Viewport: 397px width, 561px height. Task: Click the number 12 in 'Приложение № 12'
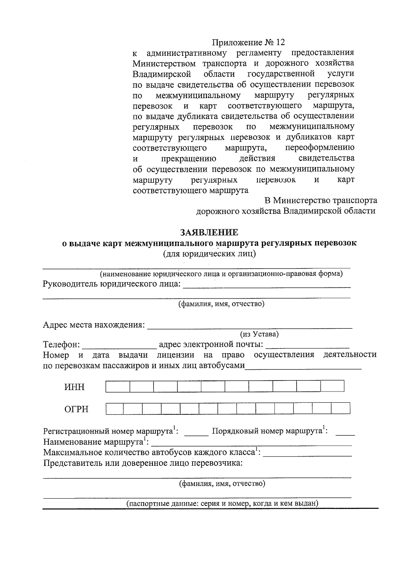280,42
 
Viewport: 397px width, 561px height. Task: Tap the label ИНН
74,387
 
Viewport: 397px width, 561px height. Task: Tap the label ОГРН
76,409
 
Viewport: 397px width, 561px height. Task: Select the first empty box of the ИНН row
118,386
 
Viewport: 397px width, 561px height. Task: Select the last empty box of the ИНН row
332,386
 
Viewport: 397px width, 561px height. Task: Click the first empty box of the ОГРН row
115,409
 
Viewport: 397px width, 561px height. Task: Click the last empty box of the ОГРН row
340,409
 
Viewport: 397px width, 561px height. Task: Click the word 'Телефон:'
62,345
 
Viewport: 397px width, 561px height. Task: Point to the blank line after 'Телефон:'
119,347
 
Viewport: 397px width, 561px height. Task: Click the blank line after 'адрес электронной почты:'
307,347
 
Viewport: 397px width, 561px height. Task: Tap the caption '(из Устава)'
259,334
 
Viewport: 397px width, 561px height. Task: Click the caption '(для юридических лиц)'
209,254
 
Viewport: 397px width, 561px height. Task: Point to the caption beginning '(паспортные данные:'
222,504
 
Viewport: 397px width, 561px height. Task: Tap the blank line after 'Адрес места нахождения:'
250,327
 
